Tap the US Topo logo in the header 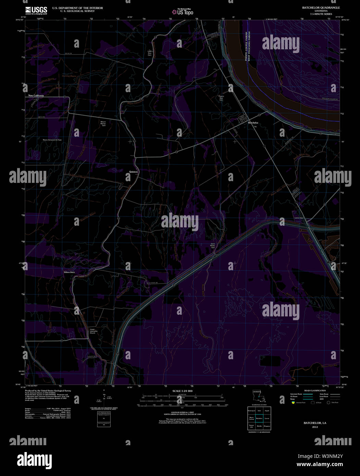(x=183, y=12)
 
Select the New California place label (x=36, y=96)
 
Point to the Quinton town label (x=134, y=172)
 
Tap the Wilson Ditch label (x=69, y=272)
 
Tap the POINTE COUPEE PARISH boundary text (x=246, y=46)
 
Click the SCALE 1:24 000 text (x=183, y=391)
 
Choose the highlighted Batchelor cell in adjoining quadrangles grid (x=259, y=418)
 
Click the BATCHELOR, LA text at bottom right (x=315, y=423)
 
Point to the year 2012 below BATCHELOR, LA (x=315, y=427)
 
